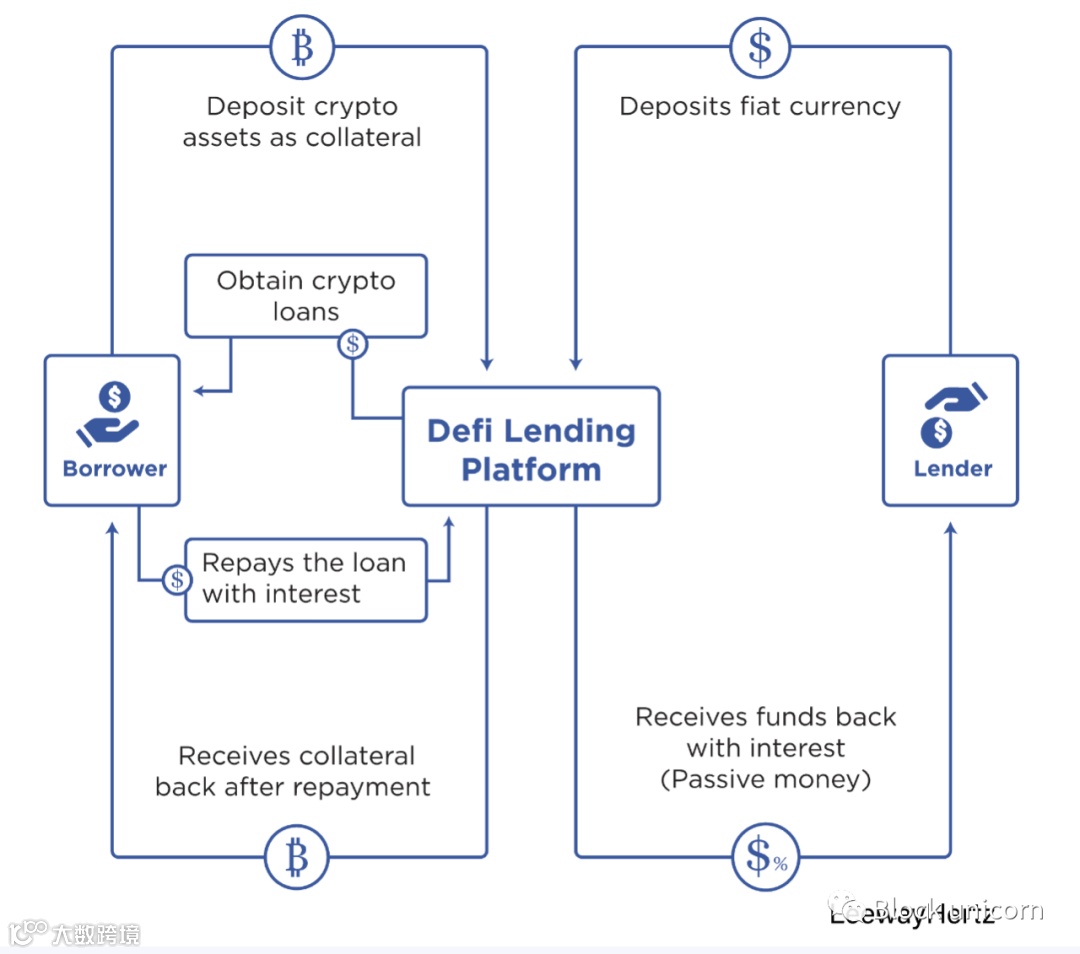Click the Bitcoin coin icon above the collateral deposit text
pyautogui.click(x=301, y=47)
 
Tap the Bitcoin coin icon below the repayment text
pyautogui.click(x=296, y=856)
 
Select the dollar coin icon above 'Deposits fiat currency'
pyautogui.click(x=760, y=47)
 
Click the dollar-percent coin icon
pyautogui.click(x=766, y=856)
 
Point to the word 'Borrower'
pyautogui.click(x=115, y=468)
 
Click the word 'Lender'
pyautogui.click(x=953, y=468)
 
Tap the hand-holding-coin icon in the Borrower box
pyautogui.click(x=109, y=414)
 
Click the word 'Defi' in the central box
pyautogui.click(x=463, y=431)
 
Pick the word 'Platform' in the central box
pyautogui.click(x=531, y=470)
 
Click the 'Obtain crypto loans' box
pyautogui.click(x=306, y=295)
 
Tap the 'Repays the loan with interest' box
pyautogui.click(x=306, y=579)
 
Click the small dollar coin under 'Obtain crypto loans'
pyautogui.click(x=352, y=344)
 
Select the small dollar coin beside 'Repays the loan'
pyautogui.click(x=177, y=579)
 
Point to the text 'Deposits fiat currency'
pyautogui.click(x=760, y=107)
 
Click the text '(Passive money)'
pyautogui.click(x=766, y=779)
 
